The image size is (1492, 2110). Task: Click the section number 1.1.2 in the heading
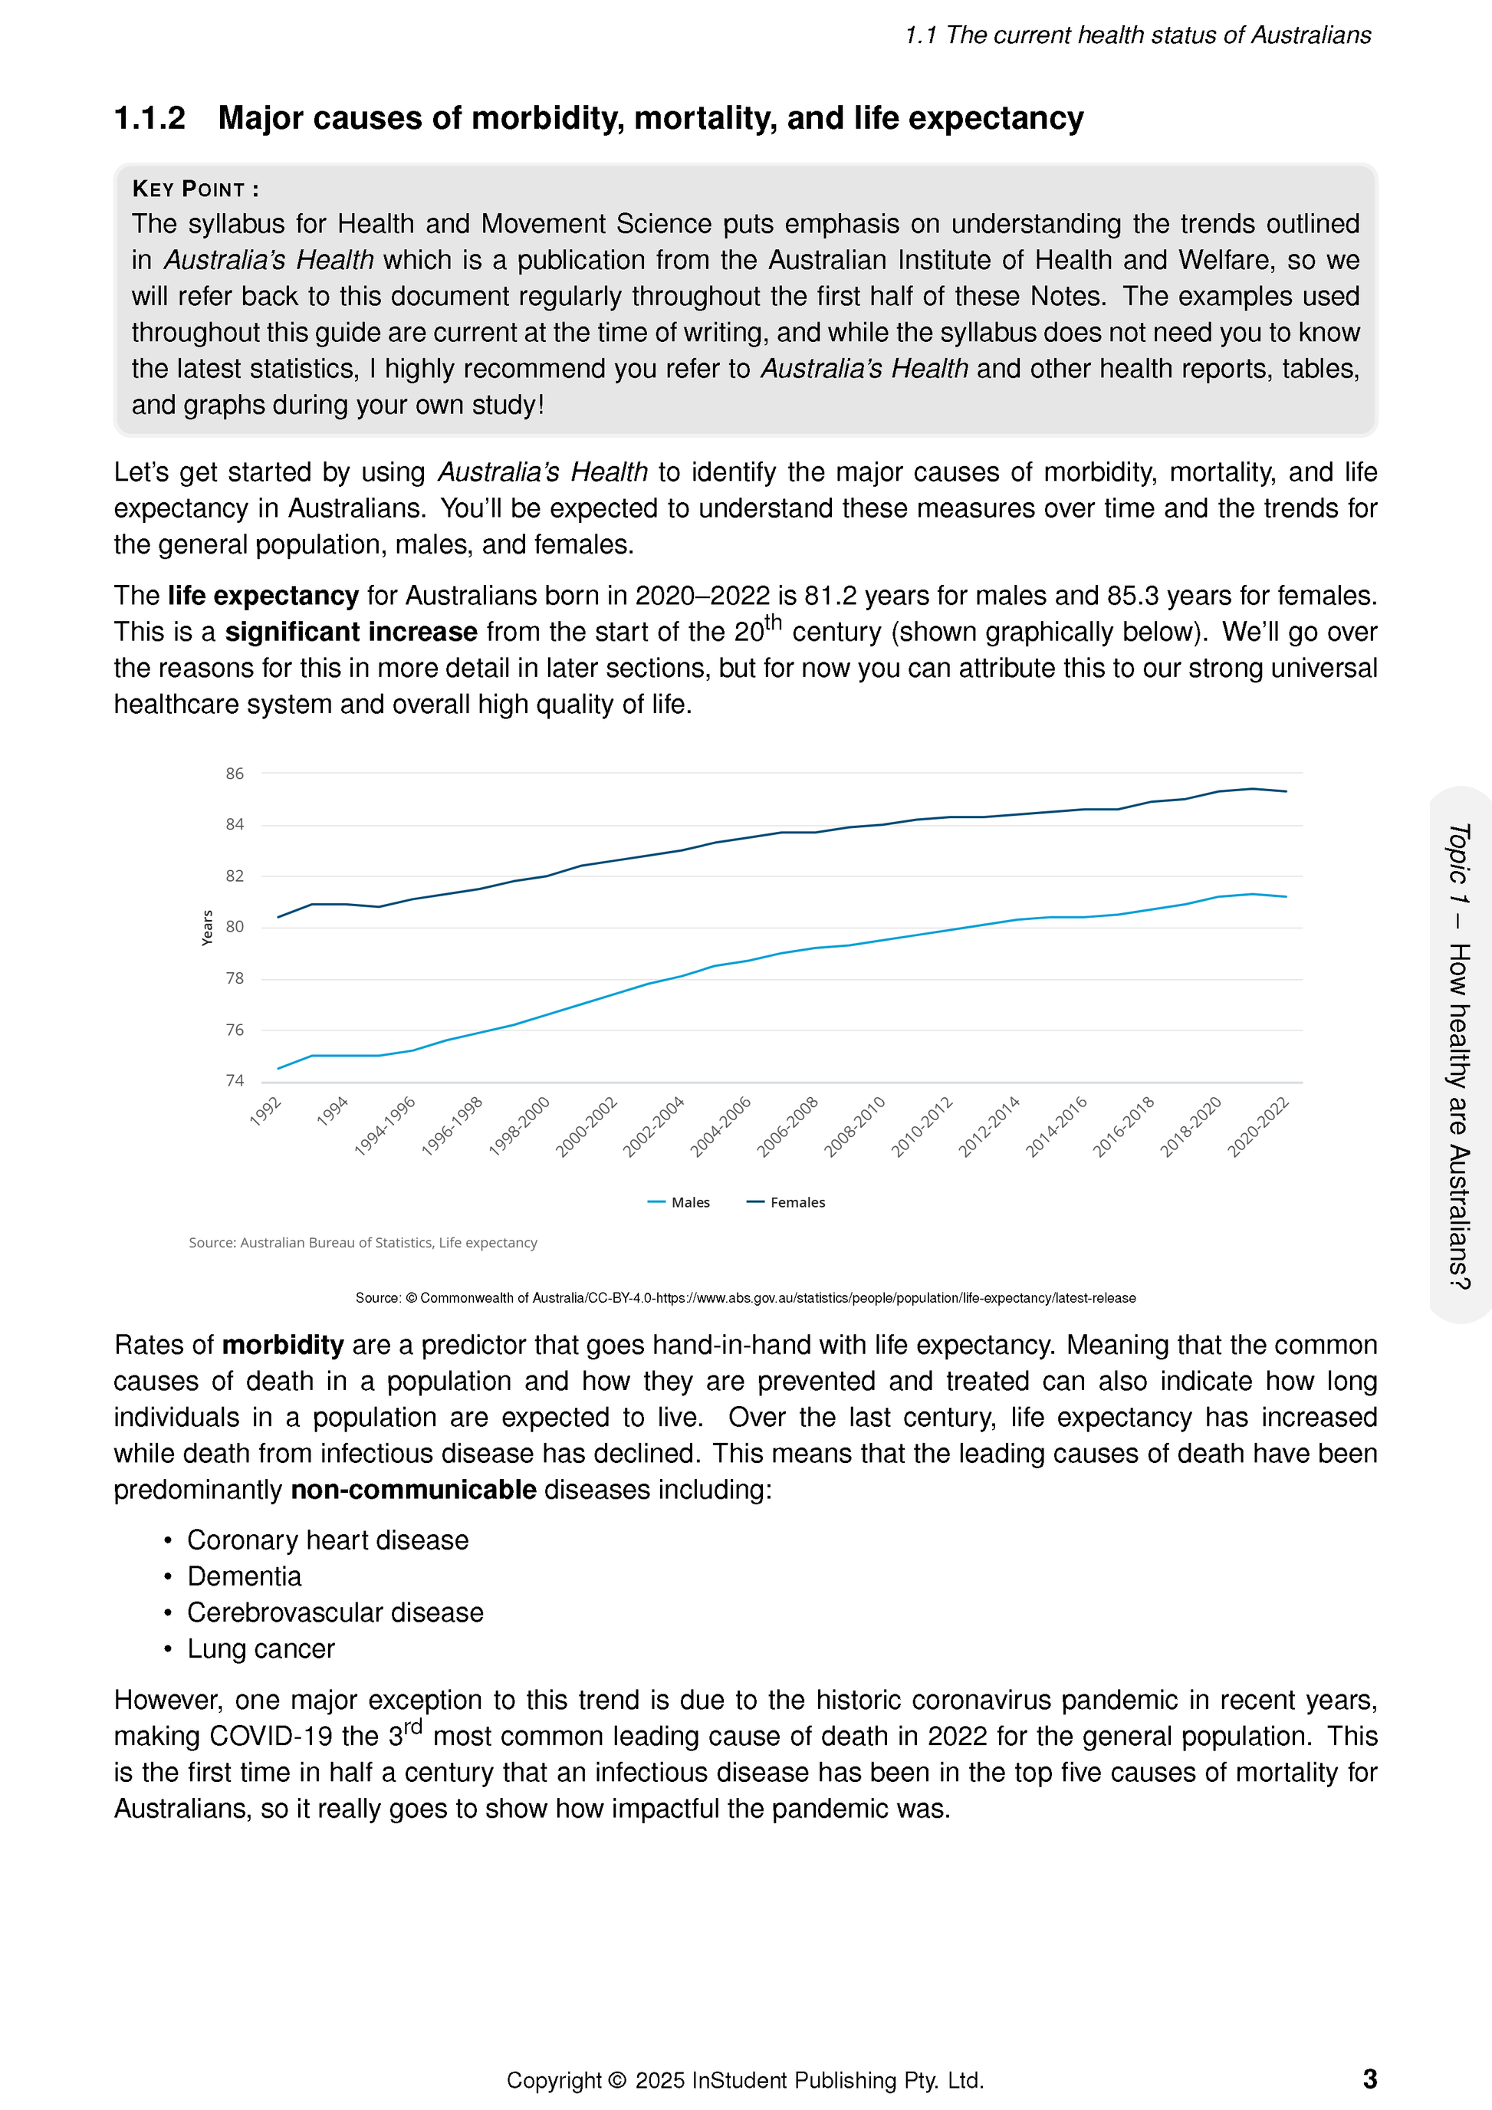[x=150, y=119]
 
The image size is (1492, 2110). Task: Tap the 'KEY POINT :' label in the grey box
[x=195, y=189]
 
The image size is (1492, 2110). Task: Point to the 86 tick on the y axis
[x=235, y=774]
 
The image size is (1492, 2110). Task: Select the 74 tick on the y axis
[x=235, y=1081]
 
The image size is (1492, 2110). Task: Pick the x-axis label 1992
[x=265, y=1111]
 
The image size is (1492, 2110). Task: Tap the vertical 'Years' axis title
[x=208, y=927]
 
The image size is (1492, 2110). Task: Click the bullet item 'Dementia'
[x=245, y=1576]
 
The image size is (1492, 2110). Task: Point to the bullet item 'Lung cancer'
[x=261, y=1648]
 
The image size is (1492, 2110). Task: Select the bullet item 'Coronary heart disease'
[x=328, y=1540]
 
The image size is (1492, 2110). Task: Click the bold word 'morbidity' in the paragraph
[x=283, y=1346]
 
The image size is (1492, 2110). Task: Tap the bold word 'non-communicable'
[x=413, y=1490]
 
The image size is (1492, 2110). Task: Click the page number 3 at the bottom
[x=1369, y=2079]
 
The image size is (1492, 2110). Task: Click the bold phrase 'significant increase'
[x=351, y=633]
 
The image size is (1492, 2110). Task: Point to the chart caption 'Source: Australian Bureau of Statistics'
[x=363, y=1243]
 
